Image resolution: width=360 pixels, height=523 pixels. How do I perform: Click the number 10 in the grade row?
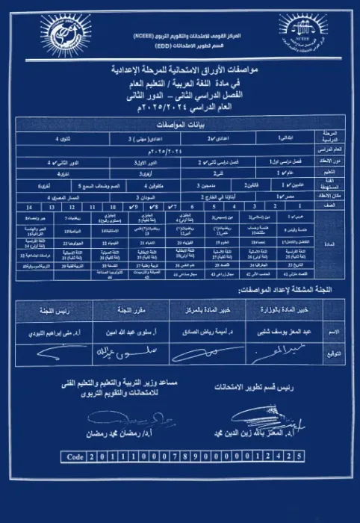[108, 203]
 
